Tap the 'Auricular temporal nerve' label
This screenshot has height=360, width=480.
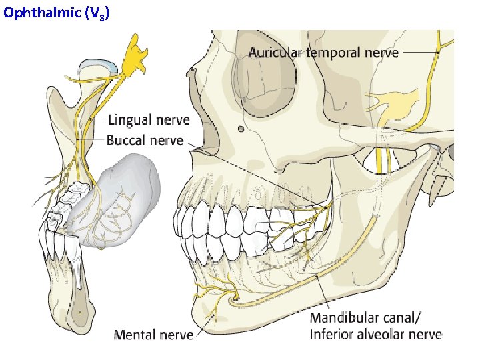[x=323, y=52]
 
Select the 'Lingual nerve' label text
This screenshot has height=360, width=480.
[x=148, y=120]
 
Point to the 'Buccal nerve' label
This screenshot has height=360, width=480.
[x=144, y=140]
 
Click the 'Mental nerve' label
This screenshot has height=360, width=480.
[x=153, y=334]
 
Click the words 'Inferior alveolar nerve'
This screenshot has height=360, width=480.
[x=375, y=333]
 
